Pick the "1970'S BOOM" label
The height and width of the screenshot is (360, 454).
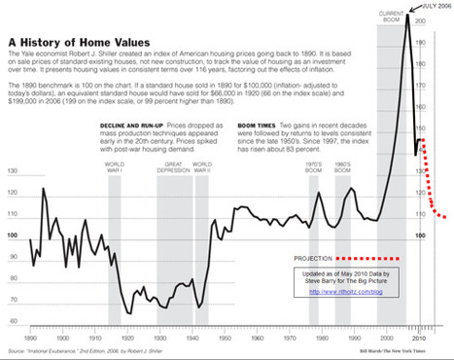point(312,166)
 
